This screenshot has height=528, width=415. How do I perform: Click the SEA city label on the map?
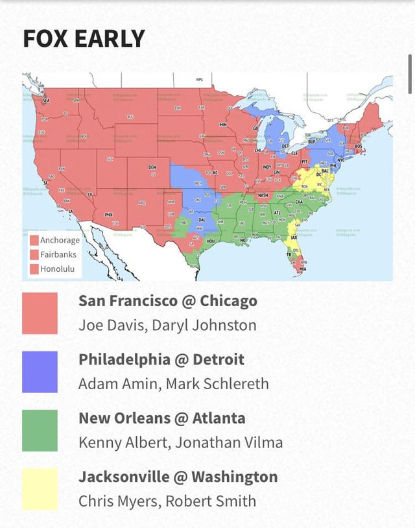click(45, 101)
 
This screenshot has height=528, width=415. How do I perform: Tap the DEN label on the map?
click(152, 167)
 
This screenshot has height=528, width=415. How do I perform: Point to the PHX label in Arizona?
click(109, 215)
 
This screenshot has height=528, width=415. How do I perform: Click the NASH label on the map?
click(263, 195)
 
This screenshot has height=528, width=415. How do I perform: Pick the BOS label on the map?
click(359, 147)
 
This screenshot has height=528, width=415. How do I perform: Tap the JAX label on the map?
click(294, 238)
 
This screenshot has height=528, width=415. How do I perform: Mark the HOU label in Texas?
click(210, 241)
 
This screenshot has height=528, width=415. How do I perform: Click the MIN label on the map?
click(223, 124)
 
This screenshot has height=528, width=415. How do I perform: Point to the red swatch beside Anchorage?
click(34, 240)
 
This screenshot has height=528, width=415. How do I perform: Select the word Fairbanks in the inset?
click(58, 255)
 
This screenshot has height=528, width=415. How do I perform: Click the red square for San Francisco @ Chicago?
click(40, 313)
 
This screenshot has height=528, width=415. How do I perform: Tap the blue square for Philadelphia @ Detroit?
click(40, 372)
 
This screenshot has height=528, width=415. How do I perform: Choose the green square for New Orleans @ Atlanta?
click(40, 430)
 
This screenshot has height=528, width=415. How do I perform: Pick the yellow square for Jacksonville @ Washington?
click(40, 488)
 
